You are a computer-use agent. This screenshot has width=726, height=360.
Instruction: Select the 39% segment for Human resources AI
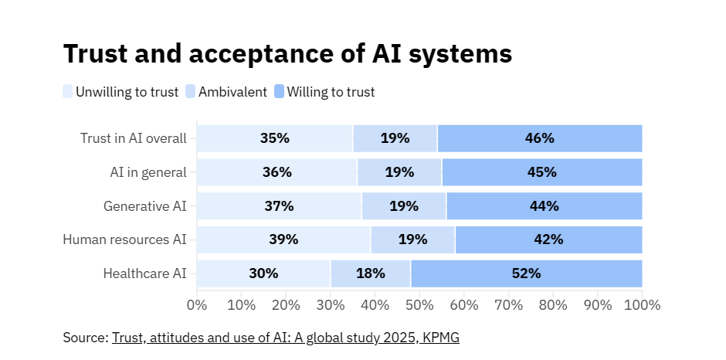click(283, 239)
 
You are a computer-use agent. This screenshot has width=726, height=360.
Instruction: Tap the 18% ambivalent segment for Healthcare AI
click(370, 273)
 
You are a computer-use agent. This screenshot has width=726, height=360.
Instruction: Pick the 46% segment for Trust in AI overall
click(539, 138)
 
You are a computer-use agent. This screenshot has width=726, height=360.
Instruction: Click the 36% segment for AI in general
click(276, 172)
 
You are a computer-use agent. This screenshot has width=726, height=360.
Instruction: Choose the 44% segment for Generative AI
click(544, 206)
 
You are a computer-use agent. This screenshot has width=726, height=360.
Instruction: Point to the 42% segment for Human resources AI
click(548, 239)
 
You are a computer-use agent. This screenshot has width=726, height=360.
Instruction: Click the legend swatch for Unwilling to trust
click(68, 92)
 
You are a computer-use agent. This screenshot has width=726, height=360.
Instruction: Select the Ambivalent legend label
click(232, 92)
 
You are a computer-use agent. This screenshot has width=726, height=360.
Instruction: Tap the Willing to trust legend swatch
click(280, 92)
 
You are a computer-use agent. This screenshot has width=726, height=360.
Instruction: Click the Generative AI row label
click(145, 206)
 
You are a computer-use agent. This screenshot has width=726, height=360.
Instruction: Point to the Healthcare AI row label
click(145, 273)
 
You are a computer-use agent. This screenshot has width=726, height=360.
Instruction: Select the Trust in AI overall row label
click(134, 138)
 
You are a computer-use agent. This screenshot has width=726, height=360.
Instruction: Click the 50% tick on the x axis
click(419, 304)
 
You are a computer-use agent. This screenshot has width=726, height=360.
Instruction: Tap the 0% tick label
click(197, 304)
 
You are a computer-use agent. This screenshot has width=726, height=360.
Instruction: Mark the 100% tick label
click(642, 304)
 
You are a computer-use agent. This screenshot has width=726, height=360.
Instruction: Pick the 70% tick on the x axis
click(508, 304)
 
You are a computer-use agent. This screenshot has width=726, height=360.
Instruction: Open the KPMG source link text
click(286, 338)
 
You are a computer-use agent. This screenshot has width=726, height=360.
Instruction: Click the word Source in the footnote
click(85, 338)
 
